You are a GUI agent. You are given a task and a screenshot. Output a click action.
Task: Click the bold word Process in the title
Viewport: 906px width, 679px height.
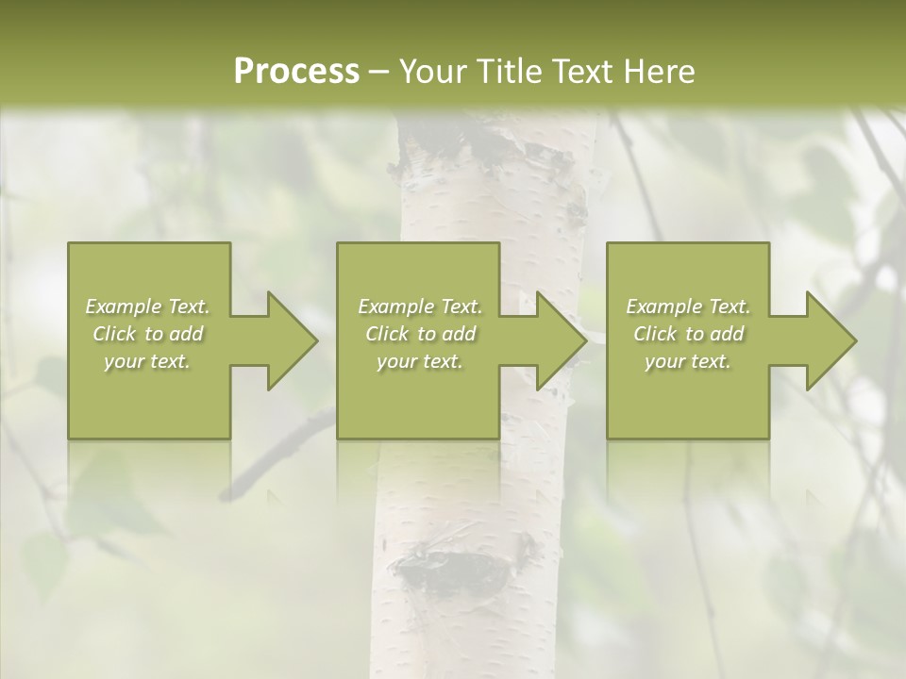tap(296, 72)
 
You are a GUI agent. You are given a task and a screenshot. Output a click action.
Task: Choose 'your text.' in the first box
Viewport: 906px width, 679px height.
tap(147, 361)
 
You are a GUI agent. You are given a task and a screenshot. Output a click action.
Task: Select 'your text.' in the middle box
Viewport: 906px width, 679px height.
tap(420, 361)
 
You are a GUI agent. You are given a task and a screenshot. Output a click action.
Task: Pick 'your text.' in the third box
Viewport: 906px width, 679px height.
tap(688, 361)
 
